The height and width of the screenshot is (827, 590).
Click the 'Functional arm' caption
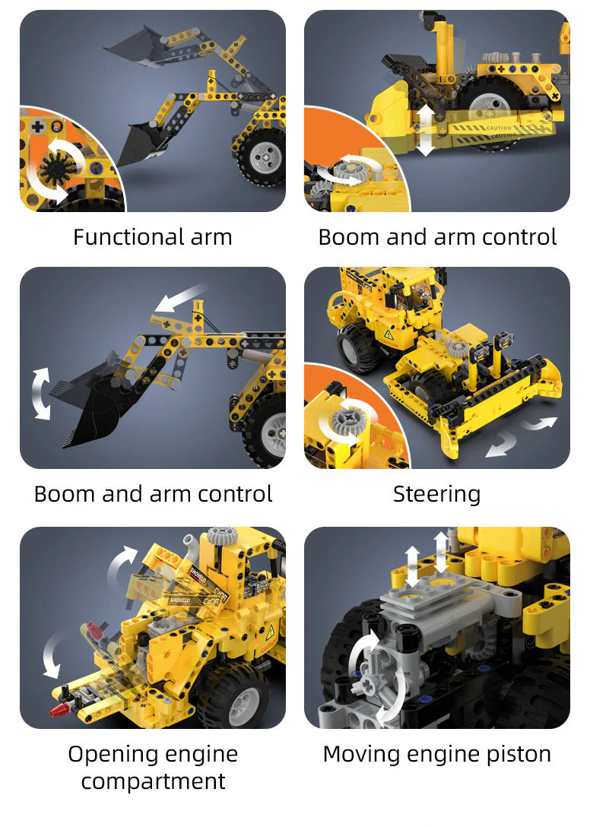point(152,237)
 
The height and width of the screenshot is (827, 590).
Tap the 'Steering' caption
point(436,494)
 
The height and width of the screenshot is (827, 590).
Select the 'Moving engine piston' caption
point(436,754)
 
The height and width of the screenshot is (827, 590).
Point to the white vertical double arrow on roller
point(426,129)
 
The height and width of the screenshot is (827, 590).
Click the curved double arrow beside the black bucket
point(39,392)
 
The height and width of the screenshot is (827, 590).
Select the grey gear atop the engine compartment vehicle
point(220,535)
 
